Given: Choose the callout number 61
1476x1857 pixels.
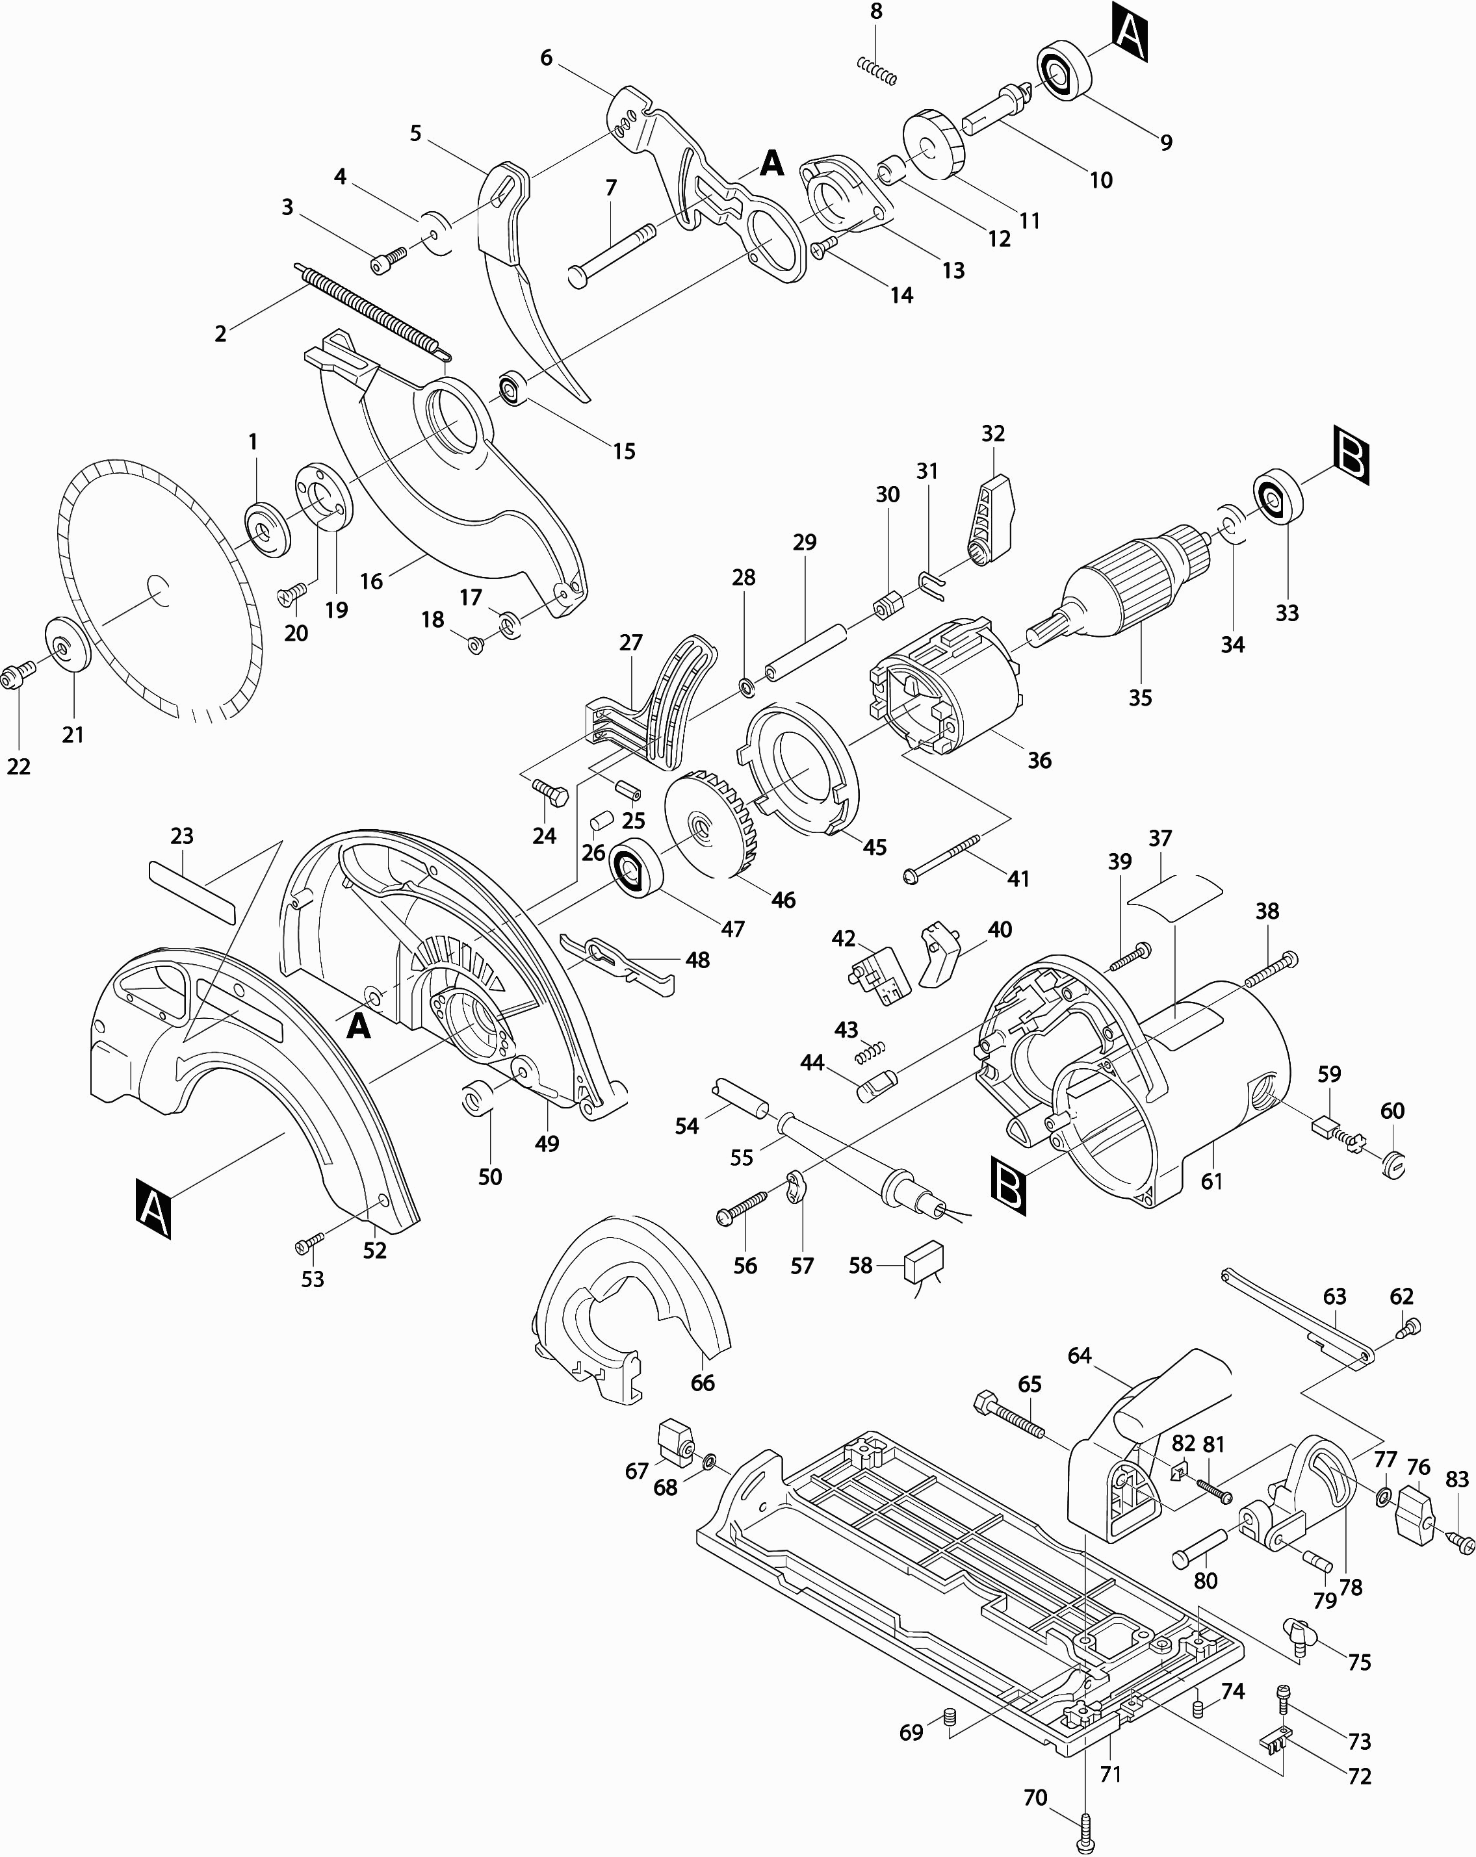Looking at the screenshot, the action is (x=1211, y=1181).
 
